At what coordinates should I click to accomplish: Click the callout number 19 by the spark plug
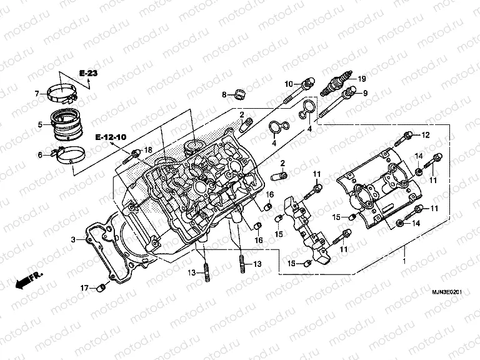point(361,79)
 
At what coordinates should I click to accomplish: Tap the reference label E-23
point(88,74)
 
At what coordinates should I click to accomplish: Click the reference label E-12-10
point(111,136)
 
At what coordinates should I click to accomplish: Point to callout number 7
point(37,94)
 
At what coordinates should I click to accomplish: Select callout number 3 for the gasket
point(72,239)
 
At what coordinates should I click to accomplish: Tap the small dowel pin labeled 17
point(98,288)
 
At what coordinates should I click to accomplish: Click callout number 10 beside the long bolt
point(289,84)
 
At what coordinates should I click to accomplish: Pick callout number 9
point(366,93)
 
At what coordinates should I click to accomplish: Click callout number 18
point(148,150)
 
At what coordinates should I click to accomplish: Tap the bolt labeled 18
point(135,153)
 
